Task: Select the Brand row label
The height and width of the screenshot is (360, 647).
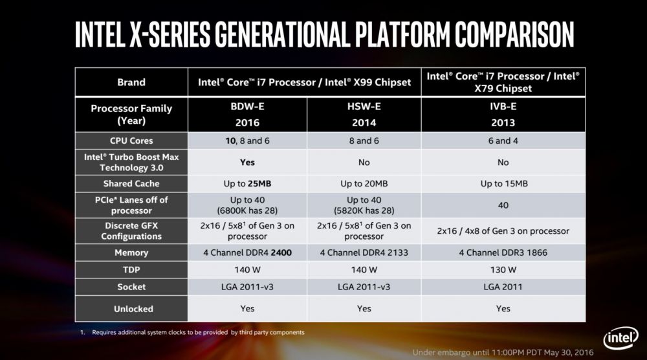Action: click(x=131, y=82)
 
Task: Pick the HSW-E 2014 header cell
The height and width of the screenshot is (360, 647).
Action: click(x=364, y=115)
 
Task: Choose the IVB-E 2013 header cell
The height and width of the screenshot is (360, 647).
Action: click(x=503, y=115)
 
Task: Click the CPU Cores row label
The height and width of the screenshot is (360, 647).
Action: click(x=131, y=141)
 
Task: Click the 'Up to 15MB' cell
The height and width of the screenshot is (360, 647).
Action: click(x=503, y=184)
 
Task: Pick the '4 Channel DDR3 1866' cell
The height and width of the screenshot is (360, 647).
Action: click(x=503, y=253)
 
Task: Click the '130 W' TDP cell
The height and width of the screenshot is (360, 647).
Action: click(x=503, y=269)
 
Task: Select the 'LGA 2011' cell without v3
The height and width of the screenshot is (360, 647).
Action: click(x=503, y=287)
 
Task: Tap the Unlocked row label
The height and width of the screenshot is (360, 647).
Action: click(x=131, y=309)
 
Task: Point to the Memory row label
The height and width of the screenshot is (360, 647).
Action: click(x=131, y=253)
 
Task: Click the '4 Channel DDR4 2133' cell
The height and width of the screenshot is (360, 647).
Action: click(x=364, y=253)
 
